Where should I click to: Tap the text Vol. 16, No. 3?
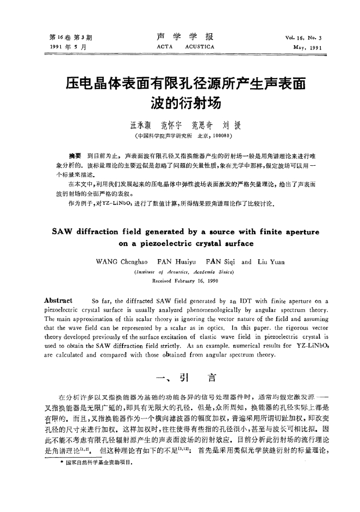[303, 38]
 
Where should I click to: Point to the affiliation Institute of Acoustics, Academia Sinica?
[179, 272]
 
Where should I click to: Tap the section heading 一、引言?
[179, 376]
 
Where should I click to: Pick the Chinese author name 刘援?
[225, 125]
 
